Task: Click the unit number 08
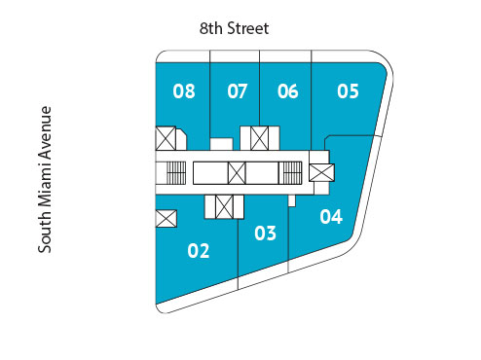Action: tap(184, 92)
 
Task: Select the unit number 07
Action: tap(238, 92)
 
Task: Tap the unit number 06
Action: tap(287, 92)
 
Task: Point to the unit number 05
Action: tap(348, 92)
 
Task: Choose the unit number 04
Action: tap(331, 216)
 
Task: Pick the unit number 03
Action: tap(265, 234)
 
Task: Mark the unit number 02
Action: tap(199, 251)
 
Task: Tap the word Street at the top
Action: tap(247, 29)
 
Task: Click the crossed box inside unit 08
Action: tap(166, 138)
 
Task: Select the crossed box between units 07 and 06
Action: tap(259, 138)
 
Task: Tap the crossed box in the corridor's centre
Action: tap(237, 173)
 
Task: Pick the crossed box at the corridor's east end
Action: tap(321, 172)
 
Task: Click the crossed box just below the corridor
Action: tap(223, 207)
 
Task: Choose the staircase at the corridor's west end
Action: tap(173, 173)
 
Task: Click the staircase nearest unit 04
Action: tap(291, 173)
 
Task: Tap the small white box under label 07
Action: tap(221, 145)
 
